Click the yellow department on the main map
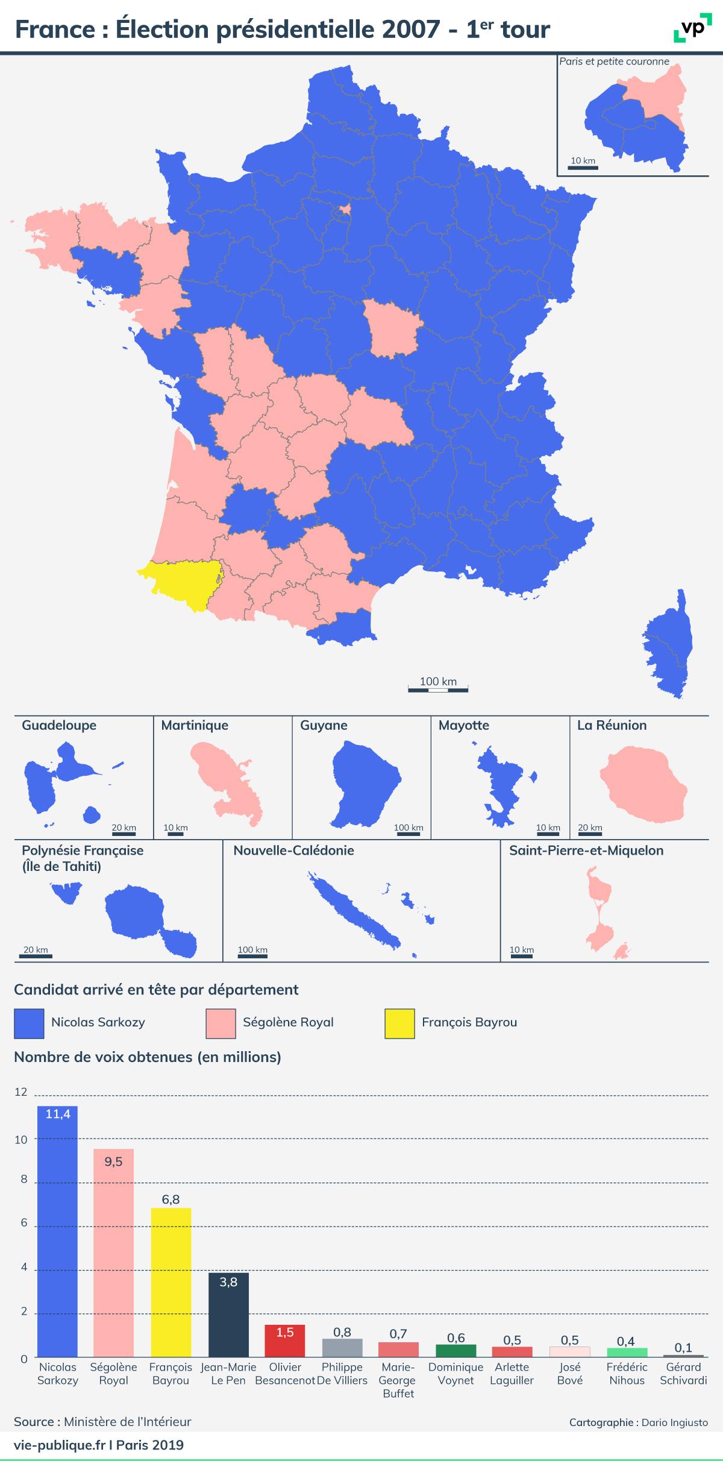pyautogui.click(x=181, y=584)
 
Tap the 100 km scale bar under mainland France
pyautogui.click(x=438, y=689)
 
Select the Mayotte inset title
pyautogui.click(x=464, y=725)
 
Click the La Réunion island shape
pyautogui.click(x=643, y=785)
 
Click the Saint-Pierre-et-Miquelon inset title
pyautogui.click(x=586, y=850)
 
